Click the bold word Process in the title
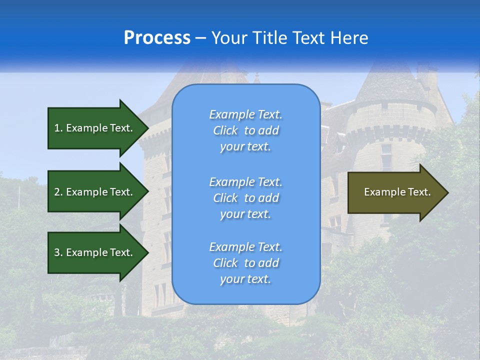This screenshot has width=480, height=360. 157,38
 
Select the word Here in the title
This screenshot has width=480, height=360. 350,38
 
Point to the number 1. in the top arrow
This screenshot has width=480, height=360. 58,128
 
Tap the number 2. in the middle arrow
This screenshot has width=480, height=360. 58,192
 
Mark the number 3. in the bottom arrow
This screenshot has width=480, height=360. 58,252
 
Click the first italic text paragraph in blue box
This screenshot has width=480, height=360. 245,130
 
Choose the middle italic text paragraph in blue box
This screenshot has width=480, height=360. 245,198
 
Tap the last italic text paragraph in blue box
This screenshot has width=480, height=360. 245,263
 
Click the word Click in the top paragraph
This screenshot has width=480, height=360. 225,130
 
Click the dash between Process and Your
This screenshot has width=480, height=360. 200,38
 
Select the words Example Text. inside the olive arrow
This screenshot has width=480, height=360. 397,192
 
